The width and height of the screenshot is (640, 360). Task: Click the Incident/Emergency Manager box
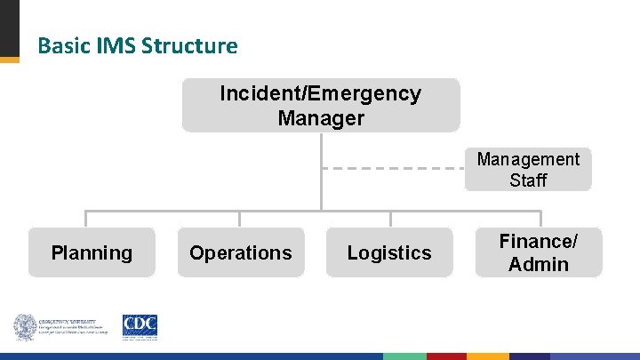[x=321, y=105]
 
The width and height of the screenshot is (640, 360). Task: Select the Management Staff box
[x=528, y=170]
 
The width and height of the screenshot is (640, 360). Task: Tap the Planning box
[x=92, y=252]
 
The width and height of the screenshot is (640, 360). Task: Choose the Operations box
[x=240, y=252]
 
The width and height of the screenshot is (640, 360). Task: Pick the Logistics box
[x=389, y=252]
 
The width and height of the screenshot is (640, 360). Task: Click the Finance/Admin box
[x=538, y=252]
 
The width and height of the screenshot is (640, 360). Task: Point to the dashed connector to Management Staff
[x=392, y=168]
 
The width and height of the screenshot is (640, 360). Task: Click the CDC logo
[x=140, y=326]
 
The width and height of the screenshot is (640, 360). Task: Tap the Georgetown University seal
[x=24, y=326]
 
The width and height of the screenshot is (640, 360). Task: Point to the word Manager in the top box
[x=321, y=117]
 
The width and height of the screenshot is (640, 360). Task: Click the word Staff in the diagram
[x=528, y=180]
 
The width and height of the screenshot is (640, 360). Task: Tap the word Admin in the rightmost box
[x=538, y=264]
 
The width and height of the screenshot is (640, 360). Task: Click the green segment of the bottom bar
[x=404, y=356]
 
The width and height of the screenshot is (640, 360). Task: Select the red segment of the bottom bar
[x=447, y=356]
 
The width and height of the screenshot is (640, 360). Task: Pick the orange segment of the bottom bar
[x=489, y=356]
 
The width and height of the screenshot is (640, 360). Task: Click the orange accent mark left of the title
[x=9, y=60]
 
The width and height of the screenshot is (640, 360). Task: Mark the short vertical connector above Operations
[x=239, y=219]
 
